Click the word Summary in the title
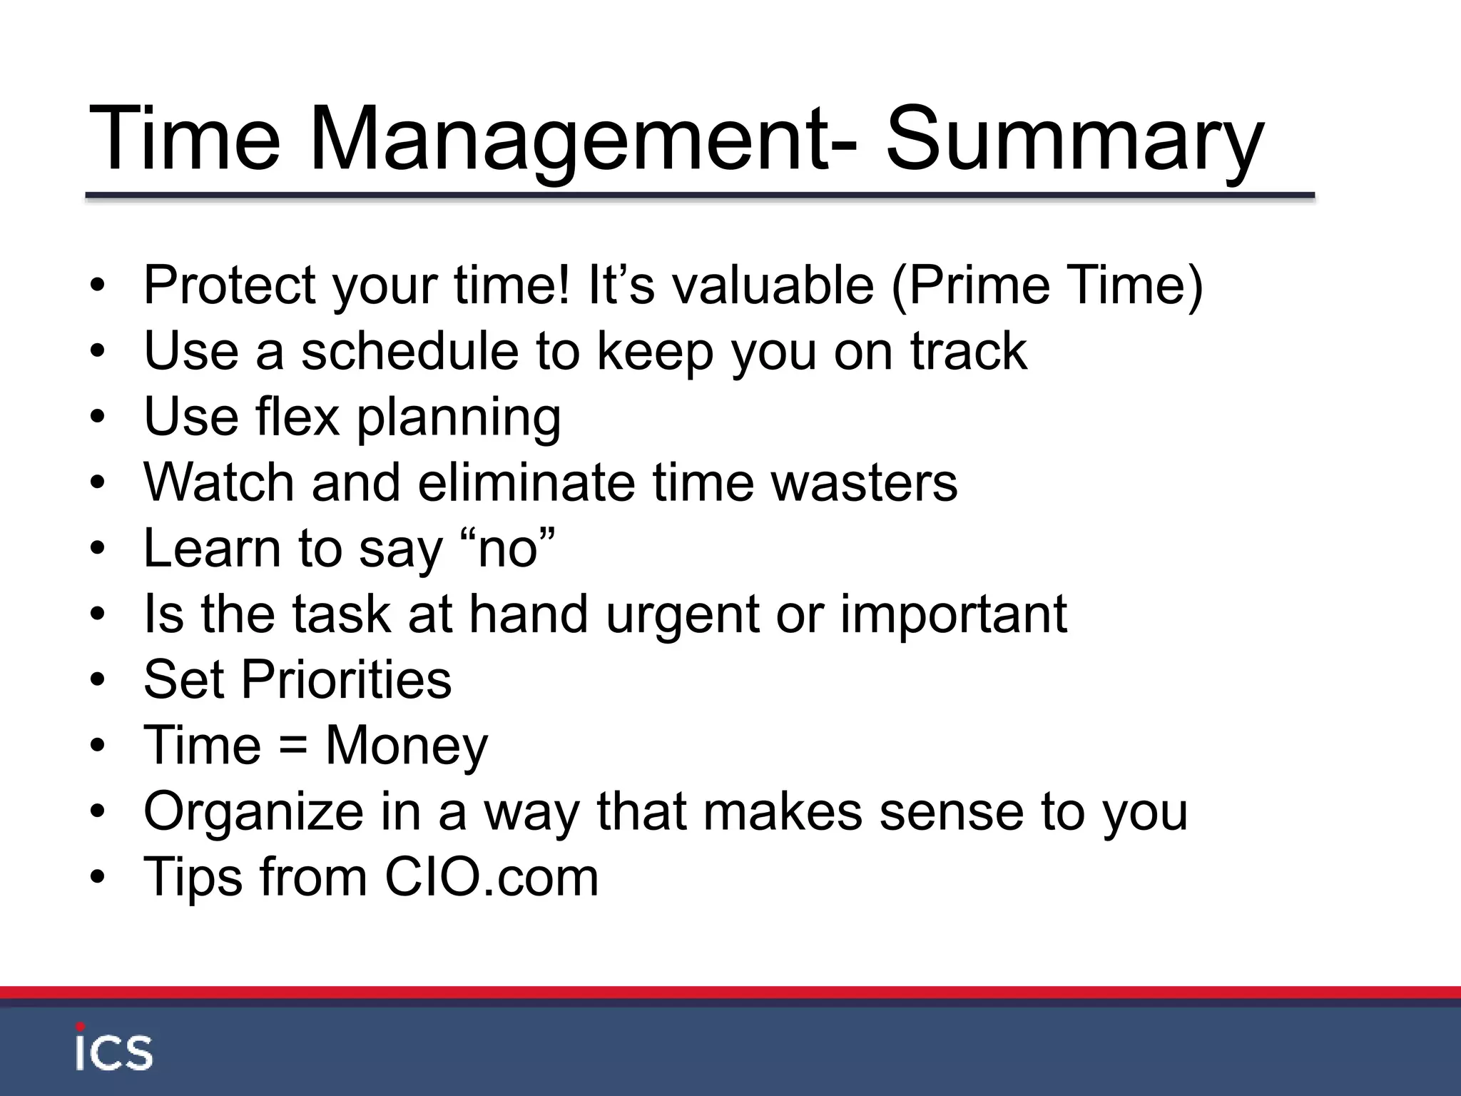pyautogui.click(x=1074, y=139)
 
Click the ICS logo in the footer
pyautogui.click(x=114, y=1047)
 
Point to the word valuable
pyautogui.click(x=773, y=285)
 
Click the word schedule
pyautogui.click(x=409, y=351)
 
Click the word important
pyautogui.click(x=954, y=615)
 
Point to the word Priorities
pyautogui.click(x=346, y=679)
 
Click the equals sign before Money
pyautogui.click(x=293, y=746)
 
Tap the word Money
pyautogui.click(x=407, y=746)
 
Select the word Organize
pyautogui.click(x=253, y=812)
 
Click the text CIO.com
pyautogui.click(x=492, y=878)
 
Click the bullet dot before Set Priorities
pyautogui.click(x=98, y=681)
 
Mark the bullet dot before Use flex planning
pyautogui.click(x=98, y=418)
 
